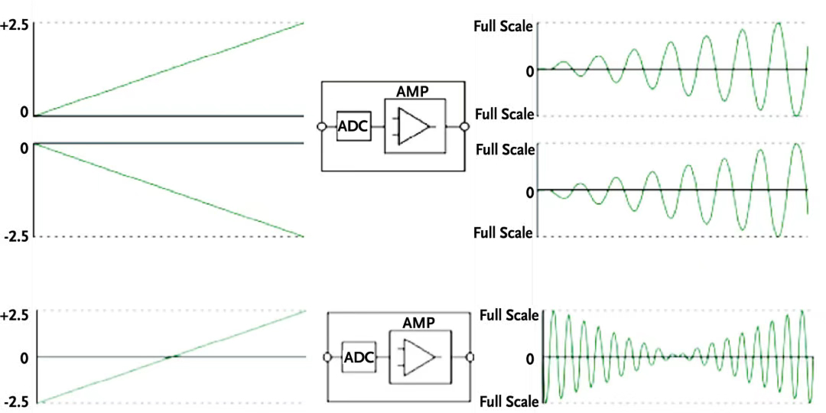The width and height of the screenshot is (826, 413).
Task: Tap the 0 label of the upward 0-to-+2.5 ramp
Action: point(24,112)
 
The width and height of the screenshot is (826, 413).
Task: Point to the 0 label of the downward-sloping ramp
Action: point(24,147)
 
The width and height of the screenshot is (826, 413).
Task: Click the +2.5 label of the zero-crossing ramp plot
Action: point(15,314)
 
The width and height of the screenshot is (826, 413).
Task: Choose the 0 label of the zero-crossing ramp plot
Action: point(24,357)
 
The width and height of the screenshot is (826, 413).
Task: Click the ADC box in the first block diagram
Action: point(353,127)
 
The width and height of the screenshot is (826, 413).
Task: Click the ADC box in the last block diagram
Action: point(357,357)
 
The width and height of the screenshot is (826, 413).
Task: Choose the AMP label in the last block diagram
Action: point(419,323)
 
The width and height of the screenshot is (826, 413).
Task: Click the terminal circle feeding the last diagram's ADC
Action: point(327,357)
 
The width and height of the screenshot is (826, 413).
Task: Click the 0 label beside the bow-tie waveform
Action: point(529,357)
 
